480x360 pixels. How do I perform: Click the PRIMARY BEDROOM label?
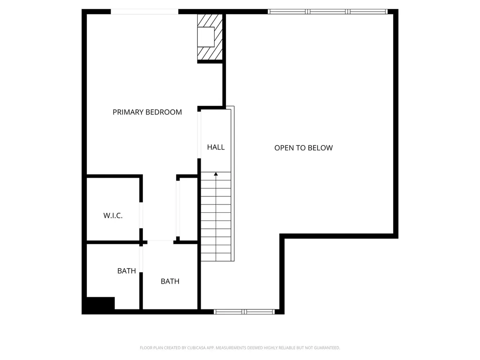[147, 112]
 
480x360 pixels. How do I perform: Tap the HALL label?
[216, 147]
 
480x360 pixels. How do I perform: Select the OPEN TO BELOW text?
[303, 148]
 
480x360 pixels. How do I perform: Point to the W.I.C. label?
[113, 216]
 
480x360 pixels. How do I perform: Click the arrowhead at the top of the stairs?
[216, 174]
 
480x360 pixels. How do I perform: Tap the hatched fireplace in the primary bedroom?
[210, 37]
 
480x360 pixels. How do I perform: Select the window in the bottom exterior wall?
[244, 312]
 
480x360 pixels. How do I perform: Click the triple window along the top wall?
[328, 12]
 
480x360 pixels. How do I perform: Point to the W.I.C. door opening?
[141, 215]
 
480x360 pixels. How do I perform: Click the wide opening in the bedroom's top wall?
[144, 12]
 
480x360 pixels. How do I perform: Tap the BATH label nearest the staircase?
[170, 281]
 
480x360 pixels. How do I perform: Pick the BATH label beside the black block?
[127, 271]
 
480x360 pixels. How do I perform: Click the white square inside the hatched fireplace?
[206, 37]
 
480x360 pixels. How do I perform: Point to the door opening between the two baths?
[141, 259]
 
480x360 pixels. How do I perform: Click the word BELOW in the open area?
[320, 148]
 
